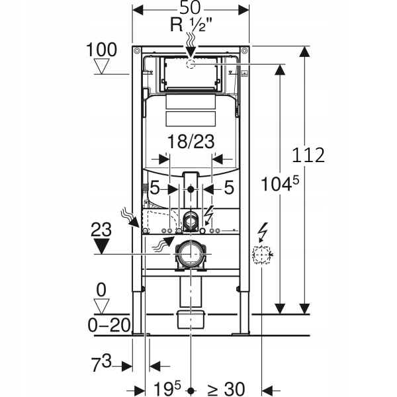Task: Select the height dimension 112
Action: pos(310,155)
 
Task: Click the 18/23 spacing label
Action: pos(191,142)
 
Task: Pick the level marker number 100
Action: pos(101,50)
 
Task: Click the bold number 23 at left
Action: pos(101,229)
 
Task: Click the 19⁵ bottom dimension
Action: pos(163,386)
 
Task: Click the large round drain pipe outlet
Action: pos(191,255)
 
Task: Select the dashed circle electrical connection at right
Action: pos(262,255)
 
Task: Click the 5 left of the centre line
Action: pos(154,188)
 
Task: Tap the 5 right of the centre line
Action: pos(228,188)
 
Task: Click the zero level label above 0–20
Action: pos(101,289)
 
